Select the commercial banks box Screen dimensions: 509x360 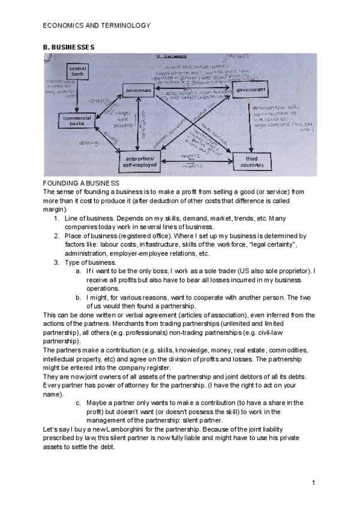77,120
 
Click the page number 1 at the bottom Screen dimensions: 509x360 314,483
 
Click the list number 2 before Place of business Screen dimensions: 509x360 56,236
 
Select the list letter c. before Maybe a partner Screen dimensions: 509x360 79,402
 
